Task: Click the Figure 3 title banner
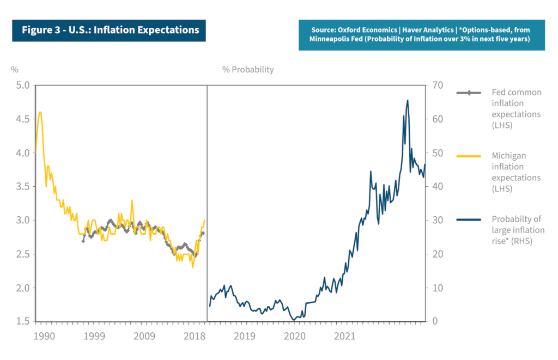click(110, 30)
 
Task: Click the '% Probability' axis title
click(248, 70)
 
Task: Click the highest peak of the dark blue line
click(408, 100)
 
